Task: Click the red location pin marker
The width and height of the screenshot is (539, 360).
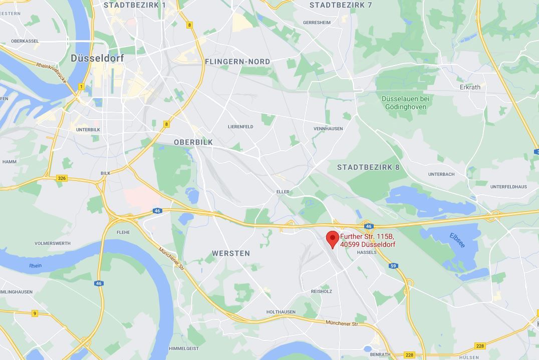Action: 332,238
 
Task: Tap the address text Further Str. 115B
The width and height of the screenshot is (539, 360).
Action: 367,236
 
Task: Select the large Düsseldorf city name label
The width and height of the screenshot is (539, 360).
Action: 97,58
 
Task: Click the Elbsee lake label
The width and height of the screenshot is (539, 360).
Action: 457,240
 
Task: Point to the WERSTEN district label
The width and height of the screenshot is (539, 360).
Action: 231,253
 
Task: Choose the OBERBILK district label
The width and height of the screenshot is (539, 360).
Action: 193,142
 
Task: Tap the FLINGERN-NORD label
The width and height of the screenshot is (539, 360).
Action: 237,62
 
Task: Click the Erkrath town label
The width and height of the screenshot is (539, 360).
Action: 470,87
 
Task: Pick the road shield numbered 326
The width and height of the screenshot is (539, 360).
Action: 62,178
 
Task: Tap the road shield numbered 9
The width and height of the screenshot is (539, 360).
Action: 35,313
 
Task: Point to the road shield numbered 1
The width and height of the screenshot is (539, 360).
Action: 81,87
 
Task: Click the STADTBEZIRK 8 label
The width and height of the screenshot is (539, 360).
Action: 368,167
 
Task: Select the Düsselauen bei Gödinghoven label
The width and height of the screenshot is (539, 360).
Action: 405,103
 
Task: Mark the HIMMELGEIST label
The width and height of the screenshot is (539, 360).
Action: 184,348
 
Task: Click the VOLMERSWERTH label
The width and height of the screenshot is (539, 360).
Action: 53,243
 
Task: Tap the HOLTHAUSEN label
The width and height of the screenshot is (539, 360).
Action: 281,312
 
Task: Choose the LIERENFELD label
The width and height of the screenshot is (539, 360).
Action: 240,127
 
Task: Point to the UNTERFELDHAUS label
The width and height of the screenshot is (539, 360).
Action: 508,187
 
